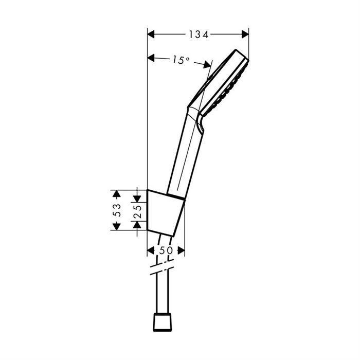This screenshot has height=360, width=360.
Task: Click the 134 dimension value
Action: click(x=199, y=34)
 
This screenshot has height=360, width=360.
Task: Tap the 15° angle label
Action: click(x=181, y=60)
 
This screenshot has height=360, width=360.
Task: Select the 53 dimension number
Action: click(x=117, y=210)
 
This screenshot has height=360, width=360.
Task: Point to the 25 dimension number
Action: click(x=137, y=211)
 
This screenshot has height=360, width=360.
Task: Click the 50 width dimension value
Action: click(x=166, y=250)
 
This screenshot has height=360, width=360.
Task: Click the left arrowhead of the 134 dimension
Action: click(x=151, y=34)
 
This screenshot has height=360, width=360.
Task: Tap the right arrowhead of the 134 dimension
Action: click(x=245, y=34)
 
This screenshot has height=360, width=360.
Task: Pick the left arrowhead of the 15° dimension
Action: click(x=151, y=58)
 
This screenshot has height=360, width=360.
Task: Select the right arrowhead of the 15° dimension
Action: click(x=207, y=65)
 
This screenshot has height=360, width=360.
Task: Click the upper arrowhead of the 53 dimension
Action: click(x=117, y=194)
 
